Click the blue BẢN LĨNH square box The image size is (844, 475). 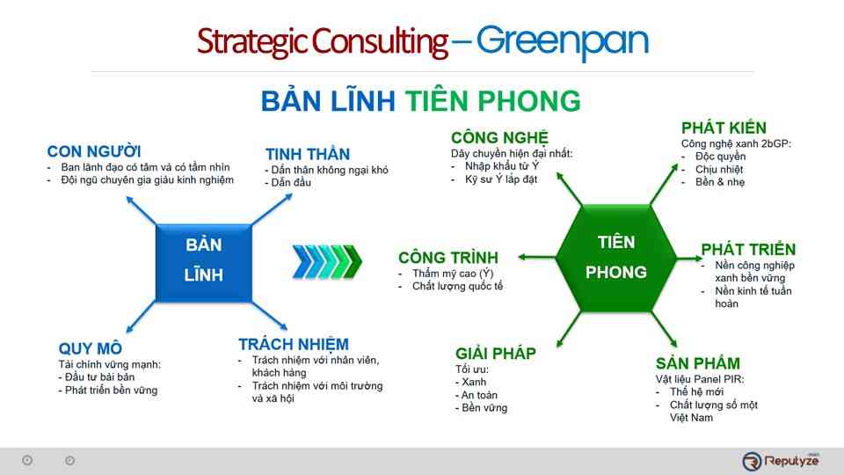(204, 259)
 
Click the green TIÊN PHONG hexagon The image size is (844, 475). (615, 257)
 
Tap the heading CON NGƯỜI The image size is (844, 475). (94, 150)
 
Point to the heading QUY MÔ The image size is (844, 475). (91, 347)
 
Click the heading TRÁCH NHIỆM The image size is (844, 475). (293, 344)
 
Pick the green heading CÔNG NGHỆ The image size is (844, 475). (499, 137)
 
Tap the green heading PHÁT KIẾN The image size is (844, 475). (724, 128)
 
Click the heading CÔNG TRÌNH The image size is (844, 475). (448, 258)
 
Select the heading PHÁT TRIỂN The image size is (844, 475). (748, 249)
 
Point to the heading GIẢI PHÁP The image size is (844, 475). (496, 354)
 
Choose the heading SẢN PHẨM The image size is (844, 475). (698, 363)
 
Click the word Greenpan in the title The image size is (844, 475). (563, 41)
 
